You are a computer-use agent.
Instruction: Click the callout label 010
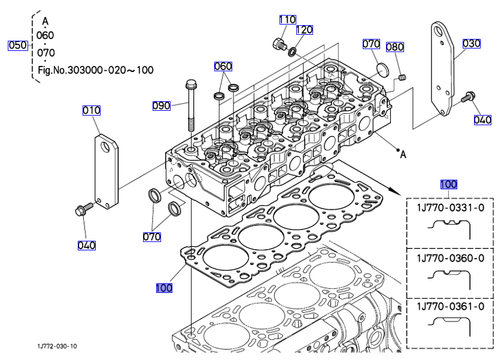pyautogui.click(x=92, y=110)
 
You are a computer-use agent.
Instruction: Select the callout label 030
pyautogui.click(x=472, y=43)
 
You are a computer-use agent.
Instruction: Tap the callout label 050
pyautogui.click(x=17, y=45)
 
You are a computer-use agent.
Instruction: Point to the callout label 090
pyautogui.click(x=162, y=106)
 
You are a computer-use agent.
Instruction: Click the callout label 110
pyautogui.click(x=287, y=19)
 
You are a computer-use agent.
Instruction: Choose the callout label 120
pyautogui.click(x=304, y=29)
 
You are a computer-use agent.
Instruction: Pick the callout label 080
pyautogui.click(x=394, y=47)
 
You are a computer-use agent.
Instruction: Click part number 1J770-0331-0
pyautogui.click(x=450, y=208)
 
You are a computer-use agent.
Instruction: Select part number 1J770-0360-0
pyautogui.click(x=450, y=258)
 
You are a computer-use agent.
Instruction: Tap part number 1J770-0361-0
pyautogui.click(x=450, y=307)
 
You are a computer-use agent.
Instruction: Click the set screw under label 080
pyautogui.click(x=403, y=76)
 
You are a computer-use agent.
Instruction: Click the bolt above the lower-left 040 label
pyautogui.click(x=81, y=210)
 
